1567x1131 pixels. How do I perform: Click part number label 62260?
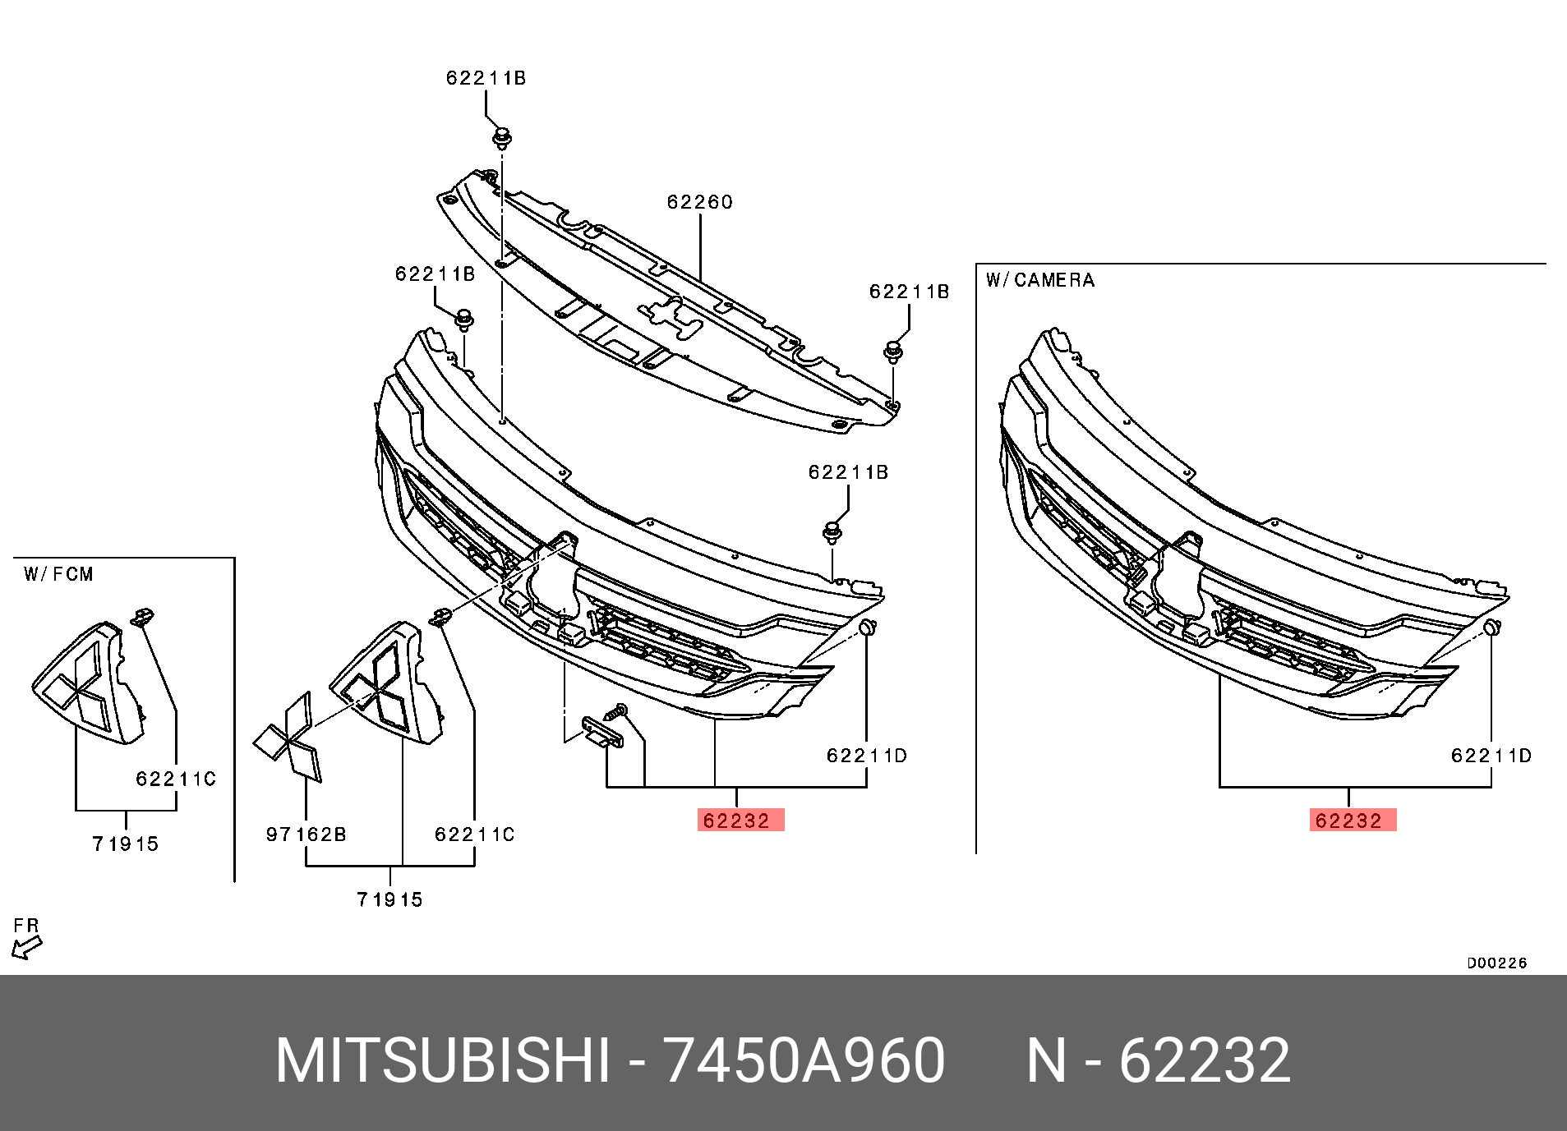click(699, 202)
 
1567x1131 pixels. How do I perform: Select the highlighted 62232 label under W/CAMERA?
click(1353, 821)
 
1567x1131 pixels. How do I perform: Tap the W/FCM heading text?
click(58, 574)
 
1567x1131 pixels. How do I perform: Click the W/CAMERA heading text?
click(1040, 280)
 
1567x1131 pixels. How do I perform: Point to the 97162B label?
click(306, 834)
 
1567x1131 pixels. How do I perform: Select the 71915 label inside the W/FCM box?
click(126, 844)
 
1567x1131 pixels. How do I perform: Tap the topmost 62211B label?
click(486, 78)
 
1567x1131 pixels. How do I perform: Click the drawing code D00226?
click(1496, 963)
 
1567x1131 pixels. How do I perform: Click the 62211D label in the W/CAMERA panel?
click(1491, 756)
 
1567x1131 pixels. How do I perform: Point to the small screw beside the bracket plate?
click(617, 712)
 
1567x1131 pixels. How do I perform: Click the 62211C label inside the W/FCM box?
click(175, 779)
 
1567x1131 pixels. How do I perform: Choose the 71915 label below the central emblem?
click(389, 899)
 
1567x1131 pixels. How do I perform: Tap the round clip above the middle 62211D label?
click(867, 628)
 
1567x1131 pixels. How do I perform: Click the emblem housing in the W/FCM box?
click(86, 686)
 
